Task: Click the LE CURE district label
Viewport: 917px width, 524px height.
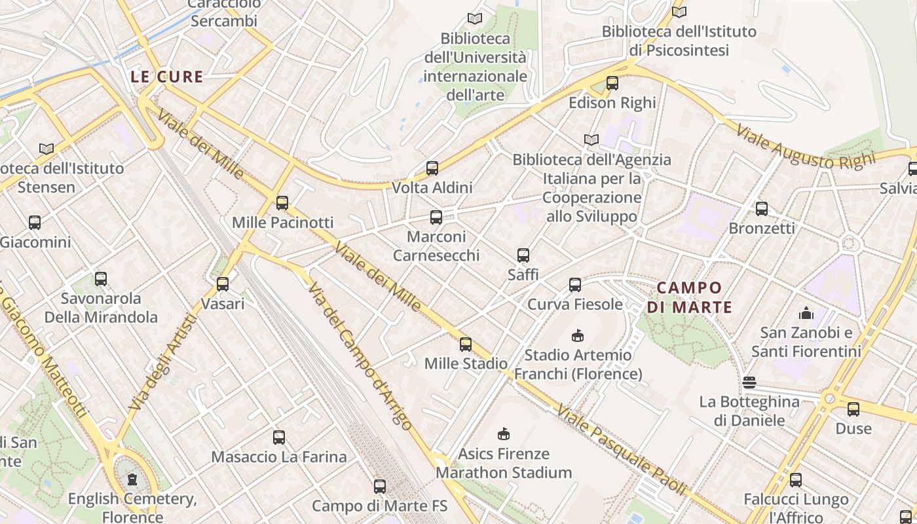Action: tap(166, 77)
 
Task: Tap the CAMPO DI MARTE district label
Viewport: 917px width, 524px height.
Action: tap(689, 297)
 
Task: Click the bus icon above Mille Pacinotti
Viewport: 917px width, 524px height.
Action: tap(282, 203)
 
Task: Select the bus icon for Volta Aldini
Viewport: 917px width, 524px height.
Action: tap(432, 168)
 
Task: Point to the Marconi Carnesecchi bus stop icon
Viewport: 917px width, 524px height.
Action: tap(436, 217)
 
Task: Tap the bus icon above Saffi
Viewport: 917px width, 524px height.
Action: tap(523, 255)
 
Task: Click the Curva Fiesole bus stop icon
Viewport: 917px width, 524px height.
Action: tap(575, 285)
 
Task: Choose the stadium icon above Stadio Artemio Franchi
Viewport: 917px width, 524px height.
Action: tap(578, 336)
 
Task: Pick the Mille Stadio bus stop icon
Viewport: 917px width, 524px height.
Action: tap(466, 344)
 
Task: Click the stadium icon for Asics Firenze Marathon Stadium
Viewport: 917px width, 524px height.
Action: tap(504, 434)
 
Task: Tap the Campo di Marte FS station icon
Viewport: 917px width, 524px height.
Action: tap(380, 487)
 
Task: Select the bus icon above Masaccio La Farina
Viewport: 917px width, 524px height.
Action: tap(279, 437)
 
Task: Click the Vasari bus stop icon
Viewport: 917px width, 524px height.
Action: tap(223, 284)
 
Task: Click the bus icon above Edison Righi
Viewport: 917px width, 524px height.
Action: tap(612, 83)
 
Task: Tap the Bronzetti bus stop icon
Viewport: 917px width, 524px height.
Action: tap(762, 209)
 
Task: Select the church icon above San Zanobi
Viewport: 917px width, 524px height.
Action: tap(806, 314)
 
